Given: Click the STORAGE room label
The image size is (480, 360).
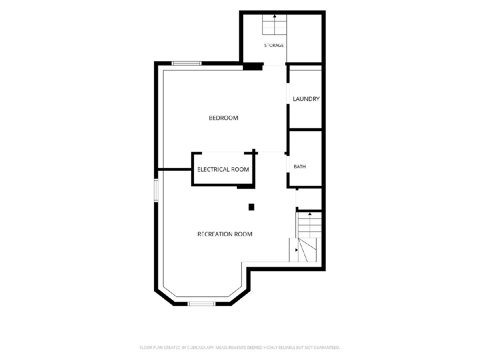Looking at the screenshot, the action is pyautogui.click(x=274, y=45).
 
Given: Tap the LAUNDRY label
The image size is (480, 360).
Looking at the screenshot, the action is pyautogui.click(x=306, y=99).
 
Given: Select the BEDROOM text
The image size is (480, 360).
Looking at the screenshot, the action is pyautogui.click(x=224, y=118).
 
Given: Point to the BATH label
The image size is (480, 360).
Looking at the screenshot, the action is pyautogui.click(x=300, y=166).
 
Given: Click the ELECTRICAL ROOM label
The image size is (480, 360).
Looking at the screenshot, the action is pyautogui.click(x=223, y=169).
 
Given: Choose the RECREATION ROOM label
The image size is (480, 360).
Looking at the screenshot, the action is pyautogui.click(x=225, y=234).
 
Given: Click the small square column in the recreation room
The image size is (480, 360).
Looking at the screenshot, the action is pyautogui.click(x=251, y=207).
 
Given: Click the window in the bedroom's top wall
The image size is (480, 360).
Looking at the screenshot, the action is pyautogui.click(x=186, y=63).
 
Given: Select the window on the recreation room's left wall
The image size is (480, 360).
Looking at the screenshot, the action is pyautogui.click(x=156, y=190).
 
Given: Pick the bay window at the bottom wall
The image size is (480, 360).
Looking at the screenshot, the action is pyautogui.click(x=202, y=304).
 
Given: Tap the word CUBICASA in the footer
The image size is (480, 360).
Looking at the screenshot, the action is pyautogui.click(x=196, y=348).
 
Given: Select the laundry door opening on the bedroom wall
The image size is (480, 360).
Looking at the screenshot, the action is pyautogui.click(x=288, y=94).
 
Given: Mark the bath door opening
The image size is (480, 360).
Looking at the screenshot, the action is pyautogui.click(x=288, y=164).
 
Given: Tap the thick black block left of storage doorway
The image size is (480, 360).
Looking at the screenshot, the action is pyautogui.click(x=253, y=66).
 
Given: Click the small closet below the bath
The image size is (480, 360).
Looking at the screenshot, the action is pyautogui.click(x=309, y=198).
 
